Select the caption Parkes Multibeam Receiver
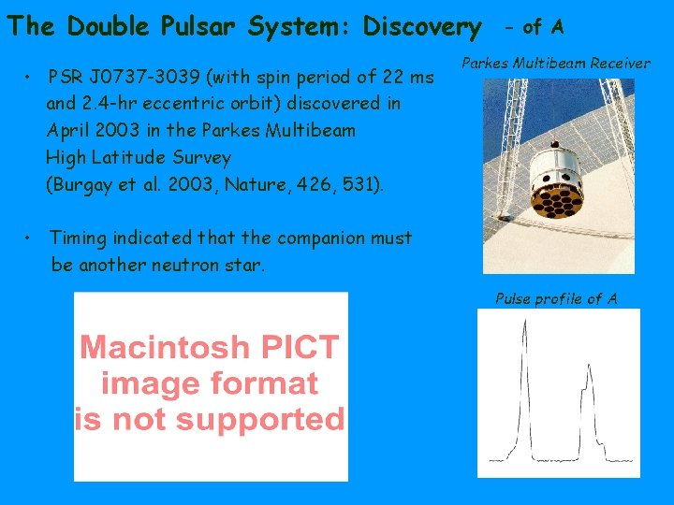click(x=556, y=64)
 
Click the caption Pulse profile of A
click(x=556, y=299)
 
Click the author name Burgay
click(x=79, y=184)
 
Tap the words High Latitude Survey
click(x=138, y=157)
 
